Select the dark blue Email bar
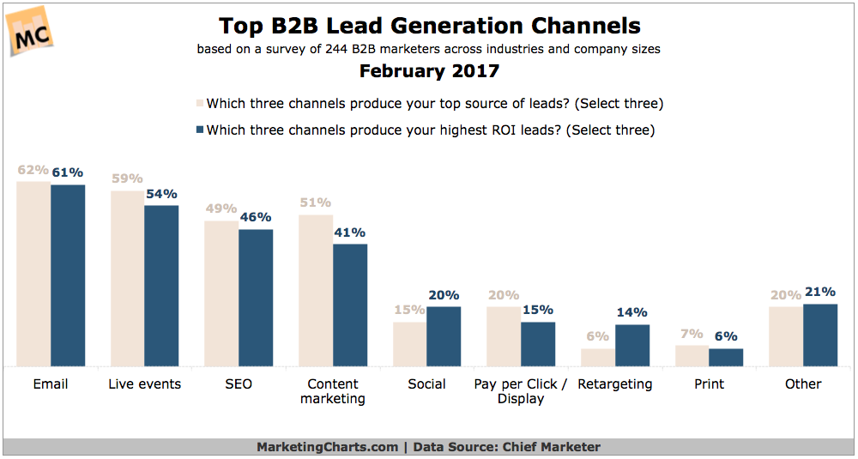[68, 275]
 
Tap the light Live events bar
[127, 279]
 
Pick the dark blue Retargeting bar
[632, 346]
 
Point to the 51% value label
[315, 203]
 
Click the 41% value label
[350, 233]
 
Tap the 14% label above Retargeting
[632, 312]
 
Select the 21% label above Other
[820, 292]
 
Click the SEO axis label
[238, 384]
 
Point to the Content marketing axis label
[332, 391]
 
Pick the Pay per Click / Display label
[521, 391]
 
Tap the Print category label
[710, 384]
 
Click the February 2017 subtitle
[429, 71]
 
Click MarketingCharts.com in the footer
[328, 447]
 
